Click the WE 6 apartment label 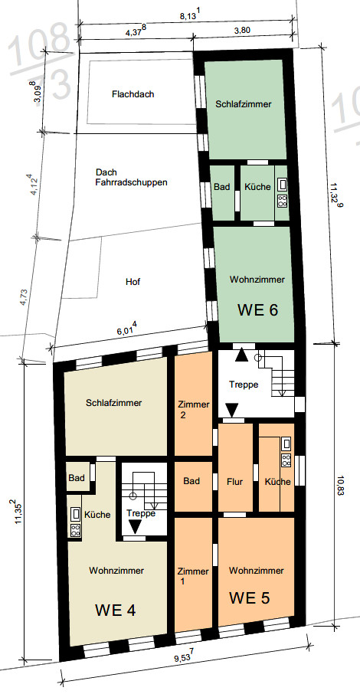[x=257, y=309]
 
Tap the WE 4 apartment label [x=115, y=611]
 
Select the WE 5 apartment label [x=249, y=598]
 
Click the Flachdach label [x=133, y=94]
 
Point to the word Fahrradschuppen [x=131, y=182]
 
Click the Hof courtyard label [x=133, y=281]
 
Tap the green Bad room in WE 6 [x=222, y=192]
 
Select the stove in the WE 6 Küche [x=282, y=201]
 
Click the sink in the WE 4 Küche [x=76, y=514]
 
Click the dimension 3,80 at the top [x=243, y=31]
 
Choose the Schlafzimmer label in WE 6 [x=244, y=104]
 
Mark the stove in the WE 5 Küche [x=286, y=460]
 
